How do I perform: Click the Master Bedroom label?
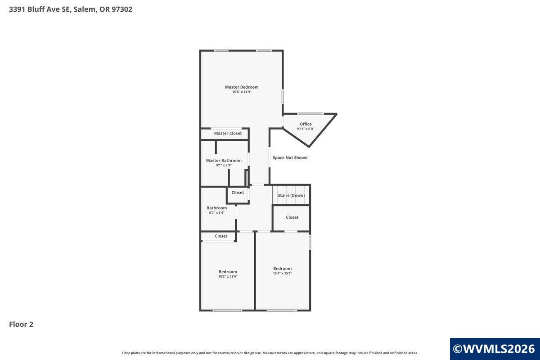tap(242, 87)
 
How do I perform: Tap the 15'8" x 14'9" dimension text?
tap(242, 92)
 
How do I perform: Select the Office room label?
tap(306, 124)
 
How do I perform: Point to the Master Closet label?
tap(228, 133)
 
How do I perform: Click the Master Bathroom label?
tap(224, 160)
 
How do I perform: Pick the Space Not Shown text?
tap(290, 157)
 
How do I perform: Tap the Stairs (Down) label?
tap(291, 195)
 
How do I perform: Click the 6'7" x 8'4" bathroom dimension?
tap(216, 213)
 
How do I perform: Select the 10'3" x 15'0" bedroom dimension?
tap(228, 277)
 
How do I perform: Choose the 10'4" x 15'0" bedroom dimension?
tap(282, 274)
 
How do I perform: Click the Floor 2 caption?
tap(21, 324)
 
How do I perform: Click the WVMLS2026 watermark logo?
tap(495, 349)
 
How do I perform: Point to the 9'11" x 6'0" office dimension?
tap(306, 129)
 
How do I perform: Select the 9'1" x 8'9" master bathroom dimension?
tap(224, 166)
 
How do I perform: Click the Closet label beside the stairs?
tap(292, 217)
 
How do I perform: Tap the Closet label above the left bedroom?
tap(221, 236)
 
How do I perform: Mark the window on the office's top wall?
tap(310, 114)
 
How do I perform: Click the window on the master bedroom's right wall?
tap(283, 97)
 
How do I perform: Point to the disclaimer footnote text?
tap(270, 353)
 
